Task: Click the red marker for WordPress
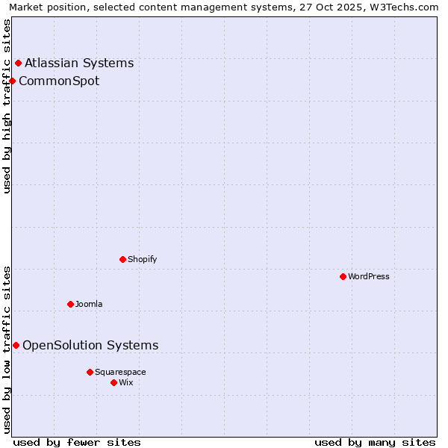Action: (x=343, y=276)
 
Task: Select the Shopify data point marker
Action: (x=122, y=259)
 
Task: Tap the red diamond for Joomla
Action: (x=70, y=304)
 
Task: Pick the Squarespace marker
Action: (x=90, y=372)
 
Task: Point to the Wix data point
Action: (x=113, y=382)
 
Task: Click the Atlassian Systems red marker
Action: (x=18, y=63)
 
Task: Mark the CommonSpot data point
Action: (x=12, y=81)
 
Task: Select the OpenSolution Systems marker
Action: (x=16, y=345)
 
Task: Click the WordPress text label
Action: (x=369, y=276)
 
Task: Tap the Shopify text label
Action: (x=142, y=259)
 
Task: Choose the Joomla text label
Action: (x=89, y=304)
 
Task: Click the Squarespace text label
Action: (x=120, y=372)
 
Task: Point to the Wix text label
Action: (x=125, y=382)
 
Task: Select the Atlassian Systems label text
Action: (x=79, y=63)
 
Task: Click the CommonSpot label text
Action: (x=59, y=81)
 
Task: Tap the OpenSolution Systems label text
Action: (x=90, y=345)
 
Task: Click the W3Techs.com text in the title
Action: (x=404, y=7)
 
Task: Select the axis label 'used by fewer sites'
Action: (x=77, y=442)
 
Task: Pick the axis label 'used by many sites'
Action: (x=375, y=442)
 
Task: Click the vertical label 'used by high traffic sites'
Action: (x=7, y=107)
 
